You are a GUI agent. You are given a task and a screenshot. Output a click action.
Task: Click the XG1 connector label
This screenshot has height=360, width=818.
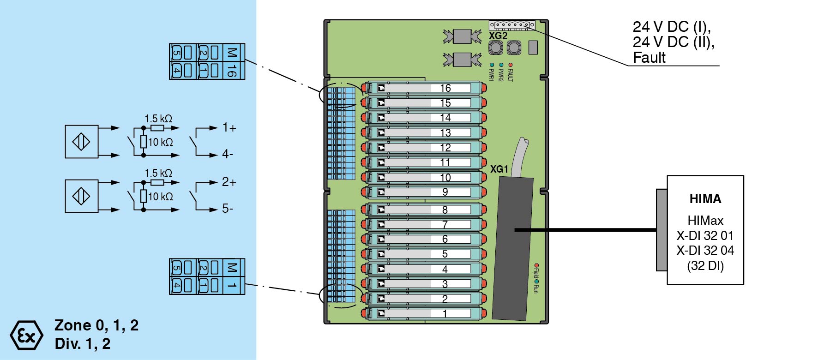[x=499, y=169]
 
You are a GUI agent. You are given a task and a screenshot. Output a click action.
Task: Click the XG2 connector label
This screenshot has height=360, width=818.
[x=498, y=36]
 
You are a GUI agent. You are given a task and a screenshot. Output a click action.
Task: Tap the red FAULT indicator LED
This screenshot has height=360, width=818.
[x=510, y=65]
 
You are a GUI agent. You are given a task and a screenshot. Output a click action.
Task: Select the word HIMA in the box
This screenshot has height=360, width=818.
[x=705, y=199]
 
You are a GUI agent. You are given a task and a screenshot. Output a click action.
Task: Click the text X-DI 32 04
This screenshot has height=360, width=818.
[x=705, y=251]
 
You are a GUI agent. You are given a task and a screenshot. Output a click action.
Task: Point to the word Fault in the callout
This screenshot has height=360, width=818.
[x=649, y=58]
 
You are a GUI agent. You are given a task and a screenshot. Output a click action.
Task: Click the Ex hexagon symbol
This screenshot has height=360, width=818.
[x=26, y=336]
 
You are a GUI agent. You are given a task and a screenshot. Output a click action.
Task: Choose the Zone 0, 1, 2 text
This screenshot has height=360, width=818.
[x=96, y=325]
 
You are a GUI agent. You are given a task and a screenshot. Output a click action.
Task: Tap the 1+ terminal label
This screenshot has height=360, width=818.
[x=229, y=128]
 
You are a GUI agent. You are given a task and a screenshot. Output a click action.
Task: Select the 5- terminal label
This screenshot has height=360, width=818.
[x=228, y=209]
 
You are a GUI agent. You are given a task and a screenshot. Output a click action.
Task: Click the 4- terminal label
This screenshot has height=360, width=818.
[x=228, y=154]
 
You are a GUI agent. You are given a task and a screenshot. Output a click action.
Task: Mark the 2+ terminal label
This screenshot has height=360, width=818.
[x=229, y=182]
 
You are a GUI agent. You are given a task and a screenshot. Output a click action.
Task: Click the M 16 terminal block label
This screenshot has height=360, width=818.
[x=232, y=61]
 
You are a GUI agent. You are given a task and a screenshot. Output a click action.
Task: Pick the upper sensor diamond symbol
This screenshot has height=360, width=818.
[x=81, y=142]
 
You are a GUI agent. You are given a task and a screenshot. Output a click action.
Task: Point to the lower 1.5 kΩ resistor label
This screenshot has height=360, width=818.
[x=158, y=173]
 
